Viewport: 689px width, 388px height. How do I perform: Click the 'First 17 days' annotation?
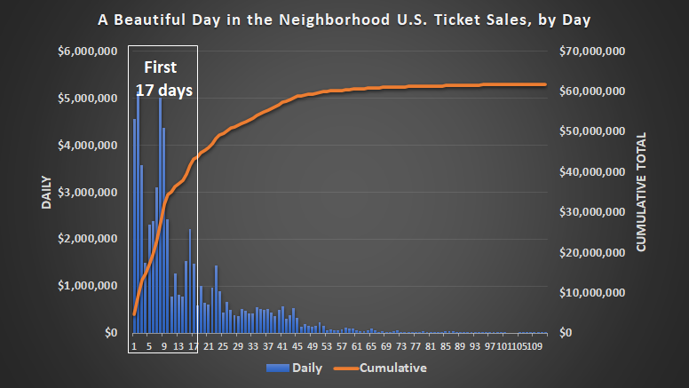pos(163,79)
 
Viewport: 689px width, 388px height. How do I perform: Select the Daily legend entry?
pos(289,368)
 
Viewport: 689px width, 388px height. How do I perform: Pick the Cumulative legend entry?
pos(381,368)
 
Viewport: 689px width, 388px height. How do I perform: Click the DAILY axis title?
pos(45,192)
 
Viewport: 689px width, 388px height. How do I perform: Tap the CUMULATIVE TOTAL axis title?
pos(641,192)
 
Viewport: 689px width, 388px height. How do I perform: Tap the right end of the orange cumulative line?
pos(545,84)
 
